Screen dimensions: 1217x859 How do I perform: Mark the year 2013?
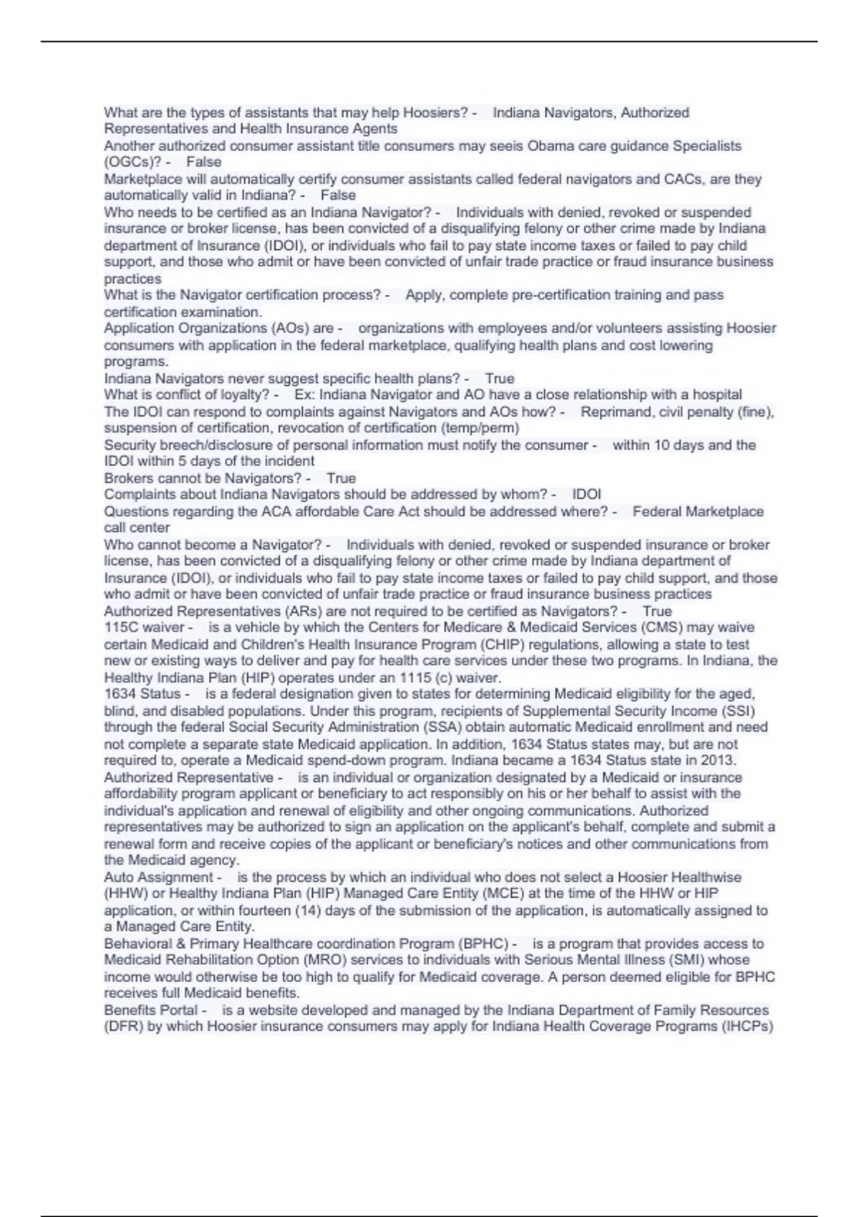(x=722, y=760)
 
